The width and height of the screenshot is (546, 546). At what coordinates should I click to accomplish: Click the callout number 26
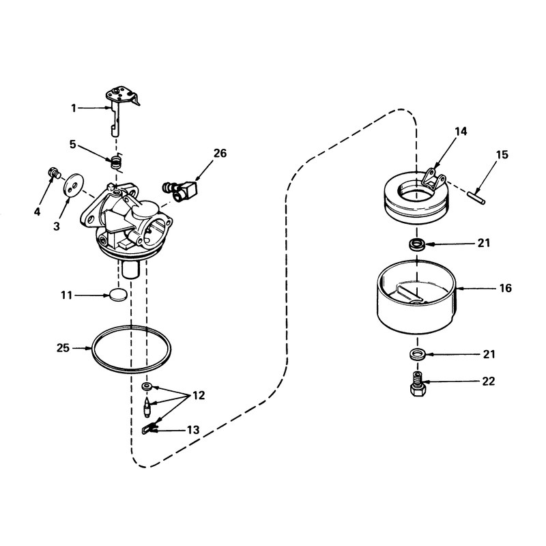pyautogui.click(x=220, y=153)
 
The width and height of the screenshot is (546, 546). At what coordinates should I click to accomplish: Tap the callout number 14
pyautogui.click(x=460, y=131)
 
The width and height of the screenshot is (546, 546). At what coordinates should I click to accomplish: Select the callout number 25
pyautogui.click(x=63, y=348)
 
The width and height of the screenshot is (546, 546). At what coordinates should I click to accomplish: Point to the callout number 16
pyautogui.click(x=505, y=288)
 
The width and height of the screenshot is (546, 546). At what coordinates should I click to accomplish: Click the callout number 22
pyautogui.click(x=489, y=382)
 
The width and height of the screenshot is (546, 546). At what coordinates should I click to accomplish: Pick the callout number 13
pyautogui.click(x=193, y=430)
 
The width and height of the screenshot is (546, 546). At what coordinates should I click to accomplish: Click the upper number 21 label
pyautogui.click(x=484, y=243)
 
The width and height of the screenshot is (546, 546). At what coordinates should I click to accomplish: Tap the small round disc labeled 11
pyautogui.click(x=117, y=295)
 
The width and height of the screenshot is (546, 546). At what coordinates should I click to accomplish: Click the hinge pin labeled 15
pyautogui.click(x=476, y=197)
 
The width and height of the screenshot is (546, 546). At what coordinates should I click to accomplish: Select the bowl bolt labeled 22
pyautogui.click(x=418, y=384)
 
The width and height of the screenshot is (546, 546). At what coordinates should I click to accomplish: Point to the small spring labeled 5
pyautogui.click(x=117, y=162)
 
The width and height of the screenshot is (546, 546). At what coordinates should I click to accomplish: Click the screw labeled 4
pyautogui.click(x=54, y=173)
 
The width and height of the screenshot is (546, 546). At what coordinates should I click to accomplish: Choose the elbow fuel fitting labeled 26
pyautogui.click(x=180, y=190)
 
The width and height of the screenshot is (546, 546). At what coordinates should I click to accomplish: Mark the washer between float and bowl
pyautogui.click(x=417, y=244)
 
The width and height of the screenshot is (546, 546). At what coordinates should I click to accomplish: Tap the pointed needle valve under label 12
pyautogui.click(x=147, y=407)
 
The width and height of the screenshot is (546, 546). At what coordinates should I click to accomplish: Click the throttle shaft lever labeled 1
pyautogui.click(x=120, y=111)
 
